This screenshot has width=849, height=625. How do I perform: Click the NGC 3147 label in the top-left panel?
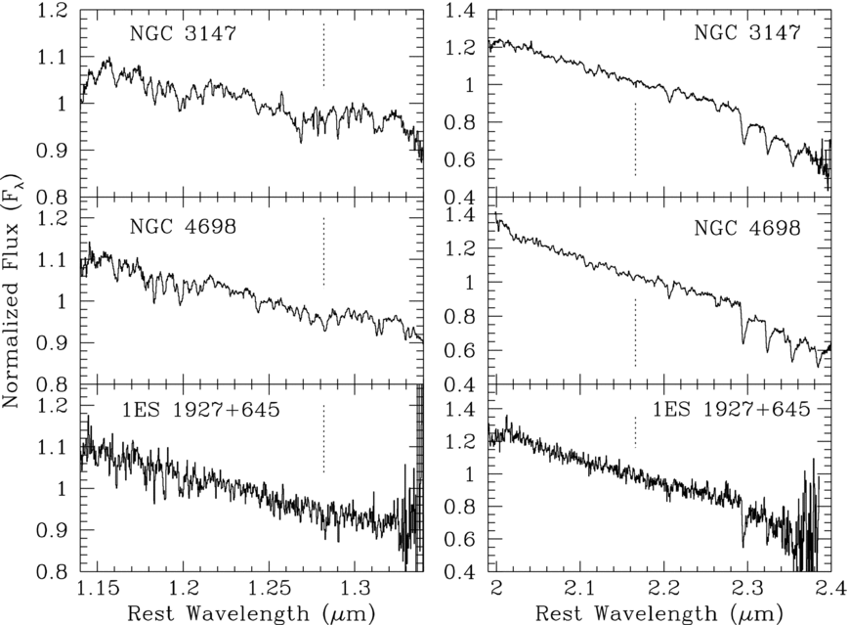click(183, 33)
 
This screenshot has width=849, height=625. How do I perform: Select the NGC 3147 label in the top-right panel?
click(747, 32)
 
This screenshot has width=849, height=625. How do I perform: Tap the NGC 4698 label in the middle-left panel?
click(183, 226)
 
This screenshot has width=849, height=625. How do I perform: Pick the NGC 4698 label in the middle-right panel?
click(747, 228)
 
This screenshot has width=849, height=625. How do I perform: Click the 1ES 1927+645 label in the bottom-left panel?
click(200, 409)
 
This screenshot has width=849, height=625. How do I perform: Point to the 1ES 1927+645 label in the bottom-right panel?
click(731, 409)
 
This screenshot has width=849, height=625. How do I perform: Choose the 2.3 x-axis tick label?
click(747, 588)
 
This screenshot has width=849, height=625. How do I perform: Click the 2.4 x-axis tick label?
click(828, 588)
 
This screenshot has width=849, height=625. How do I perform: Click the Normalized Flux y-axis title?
click(11, 291)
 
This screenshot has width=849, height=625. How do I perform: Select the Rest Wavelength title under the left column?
click(251, 613)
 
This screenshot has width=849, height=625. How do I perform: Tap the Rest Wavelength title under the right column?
click(658, 613)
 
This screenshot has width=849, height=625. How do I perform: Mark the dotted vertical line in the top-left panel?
click(323, 55)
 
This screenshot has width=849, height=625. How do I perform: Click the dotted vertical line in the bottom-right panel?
click(635, 432)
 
